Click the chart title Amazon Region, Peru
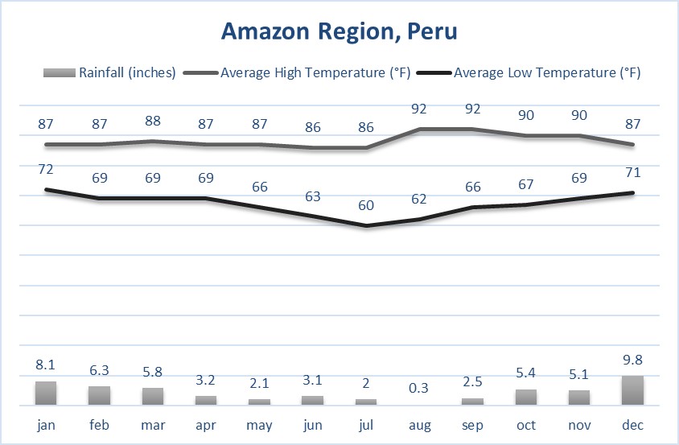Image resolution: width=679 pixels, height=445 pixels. (x=339, y=31)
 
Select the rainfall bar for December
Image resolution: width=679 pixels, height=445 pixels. (x=632, y=389)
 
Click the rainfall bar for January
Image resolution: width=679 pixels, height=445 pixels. (x=46, y=392)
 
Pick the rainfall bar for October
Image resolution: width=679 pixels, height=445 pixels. (x=526, y=396)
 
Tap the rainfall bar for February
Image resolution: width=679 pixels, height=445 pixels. (x=99, y=394)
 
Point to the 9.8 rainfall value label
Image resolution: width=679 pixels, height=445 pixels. (x=632, y=361)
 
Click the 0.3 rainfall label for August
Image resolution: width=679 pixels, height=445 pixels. (x=419, y=388)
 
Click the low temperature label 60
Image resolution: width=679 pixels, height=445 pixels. (x=366, y=205)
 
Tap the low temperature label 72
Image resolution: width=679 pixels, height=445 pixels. (x=46, y=169)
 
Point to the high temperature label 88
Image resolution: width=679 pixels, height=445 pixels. (x=152, y=121)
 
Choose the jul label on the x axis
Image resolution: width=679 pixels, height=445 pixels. (x=366, y=424)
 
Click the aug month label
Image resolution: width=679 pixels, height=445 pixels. (x=419, y=424)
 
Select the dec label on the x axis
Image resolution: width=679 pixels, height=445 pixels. (x=632, y=424)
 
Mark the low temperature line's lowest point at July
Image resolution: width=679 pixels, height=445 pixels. (x=366, y=225)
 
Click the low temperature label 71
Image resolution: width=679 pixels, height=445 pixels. (x=632, y=172)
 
